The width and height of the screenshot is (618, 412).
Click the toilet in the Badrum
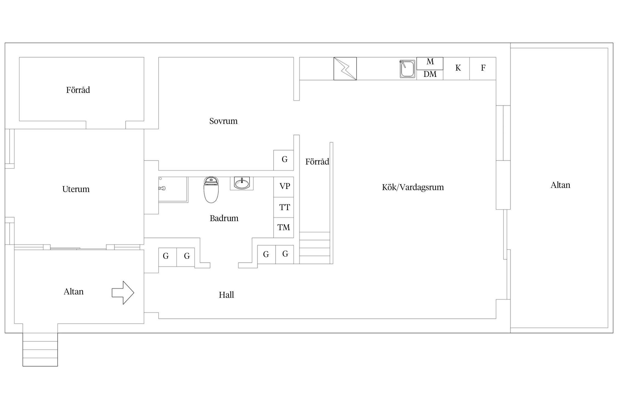pos(211,190)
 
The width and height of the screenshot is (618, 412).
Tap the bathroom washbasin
pos(242,183)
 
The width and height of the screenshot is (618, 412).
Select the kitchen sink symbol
pos(407,69)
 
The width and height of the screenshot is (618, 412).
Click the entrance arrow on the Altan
pos(123,293)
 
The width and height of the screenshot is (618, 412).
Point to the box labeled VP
pos(283,187)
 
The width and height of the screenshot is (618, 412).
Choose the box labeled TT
pos(283,207)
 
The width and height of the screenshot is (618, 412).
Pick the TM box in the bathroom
pos(283,228)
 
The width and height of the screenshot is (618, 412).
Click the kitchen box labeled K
pos(456,68)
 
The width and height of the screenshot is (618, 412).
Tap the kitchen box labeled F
pos(483,68)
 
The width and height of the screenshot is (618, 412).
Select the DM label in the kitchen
pos(430,74)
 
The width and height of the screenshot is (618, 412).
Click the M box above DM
pos(430,63)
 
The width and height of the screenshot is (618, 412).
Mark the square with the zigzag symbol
pos(345,69)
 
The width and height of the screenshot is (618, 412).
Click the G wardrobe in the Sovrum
pos(283,160)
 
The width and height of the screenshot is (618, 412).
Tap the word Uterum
pos(76,189)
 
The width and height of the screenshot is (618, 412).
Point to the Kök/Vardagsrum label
pos(413,187)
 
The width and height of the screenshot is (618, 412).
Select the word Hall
pos(226,295)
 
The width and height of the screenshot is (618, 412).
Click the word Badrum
pos(224,218)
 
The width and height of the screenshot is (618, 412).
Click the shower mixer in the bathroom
pos(162,188)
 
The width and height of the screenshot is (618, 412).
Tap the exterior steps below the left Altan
pos(40,349)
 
